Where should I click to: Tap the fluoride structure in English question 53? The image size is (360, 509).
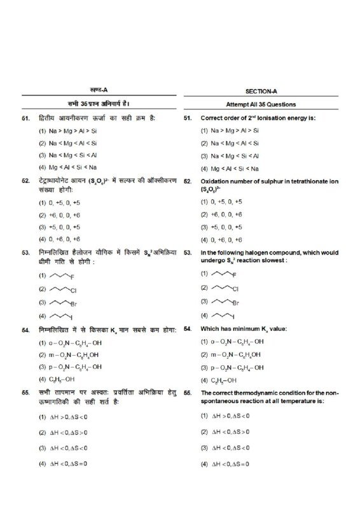(x=223, y=274)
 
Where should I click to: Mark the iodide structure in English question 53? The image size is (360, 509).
(x=222, y=315)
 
